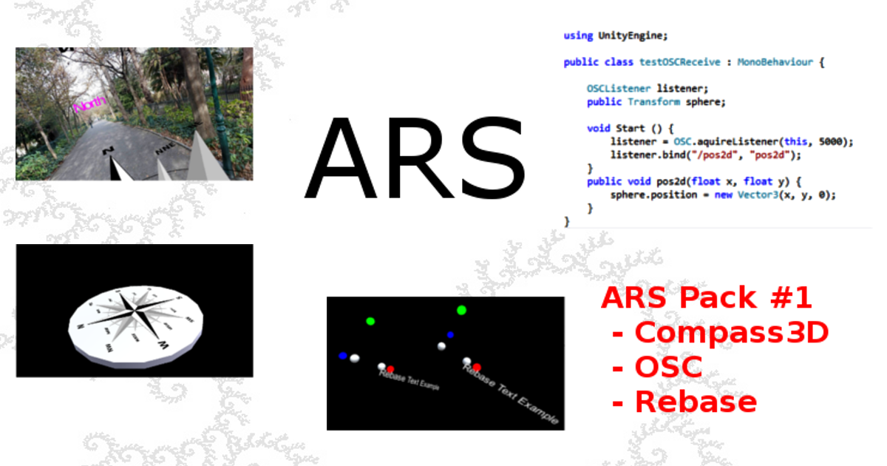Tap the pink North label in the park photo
(x=89, y=104)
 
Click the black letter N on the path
(x=109, y=152)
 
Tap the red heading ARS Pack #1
(x=706, y=298)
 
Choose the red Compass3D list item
(x=731, y=333)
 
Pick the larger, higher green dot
(x=461, y=310)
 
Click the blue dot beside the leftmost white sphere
(x=342, y=356)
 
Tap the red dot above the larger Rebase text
(x=477, y=367)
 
